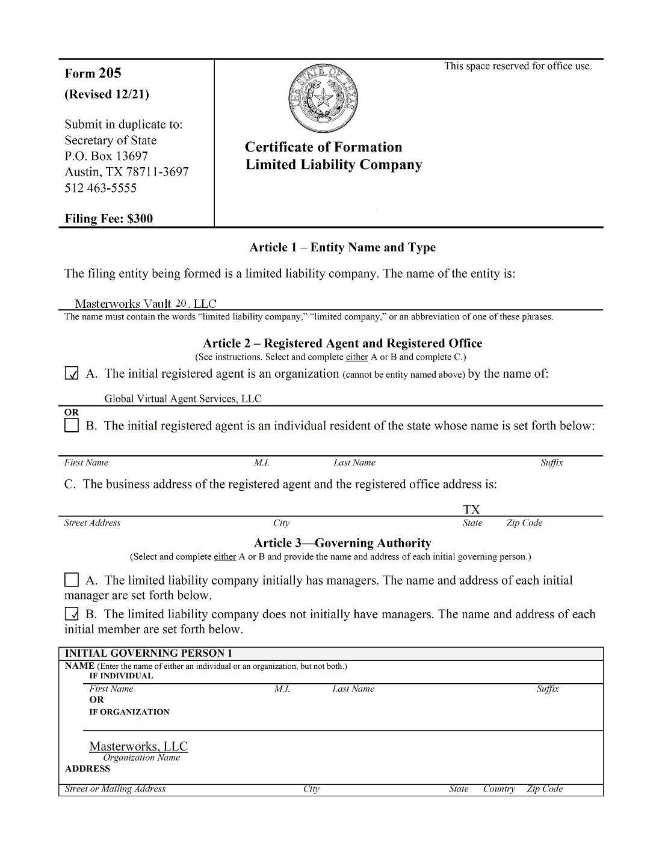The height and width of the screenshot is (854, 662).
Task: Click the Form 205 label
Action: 93,73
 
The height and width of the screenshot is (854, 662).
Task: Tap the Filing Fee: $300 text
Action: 108,218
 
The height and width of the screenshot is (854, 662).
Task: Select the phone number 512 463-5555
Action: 101,188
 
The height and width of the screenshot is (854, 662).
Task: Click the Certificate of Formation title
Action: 323,147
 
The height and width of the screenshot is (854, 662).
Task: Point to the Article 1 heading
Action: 342,247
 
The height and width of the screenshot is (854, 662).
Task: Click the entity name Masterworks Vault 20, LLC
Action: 145,304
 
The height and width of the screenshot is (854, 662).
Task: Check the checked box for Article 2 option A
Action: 72,374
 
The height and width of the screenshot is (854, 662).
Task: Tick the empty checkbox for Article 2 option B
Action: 72,426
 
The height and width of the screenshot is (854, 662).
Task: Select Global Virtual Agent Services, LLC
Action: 183,398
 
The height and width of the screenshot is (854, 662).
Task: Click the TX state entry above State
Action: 472,509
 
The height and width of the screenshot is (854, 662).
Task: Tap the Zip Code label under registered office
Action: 524,523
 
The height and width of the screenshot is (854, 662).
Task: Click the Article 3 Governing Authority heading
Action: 342,543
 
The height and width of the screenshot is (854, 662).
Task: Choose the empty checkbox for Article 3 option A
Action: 72,580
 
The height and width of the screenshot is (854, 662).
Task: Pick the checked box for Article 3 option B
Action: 72,614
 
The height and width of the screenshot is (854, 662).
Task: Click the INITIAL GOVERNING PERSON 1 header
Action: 148,653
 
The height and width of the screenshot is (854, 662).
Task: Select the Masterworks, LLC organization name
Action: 138,746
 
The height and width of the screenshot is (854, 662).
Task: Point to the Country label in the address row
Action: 499,788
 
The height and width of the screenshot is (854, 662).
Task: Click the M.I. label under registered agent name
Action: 262,462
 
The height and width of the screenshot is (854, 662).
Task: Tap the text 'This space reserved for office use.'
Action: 518,66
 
